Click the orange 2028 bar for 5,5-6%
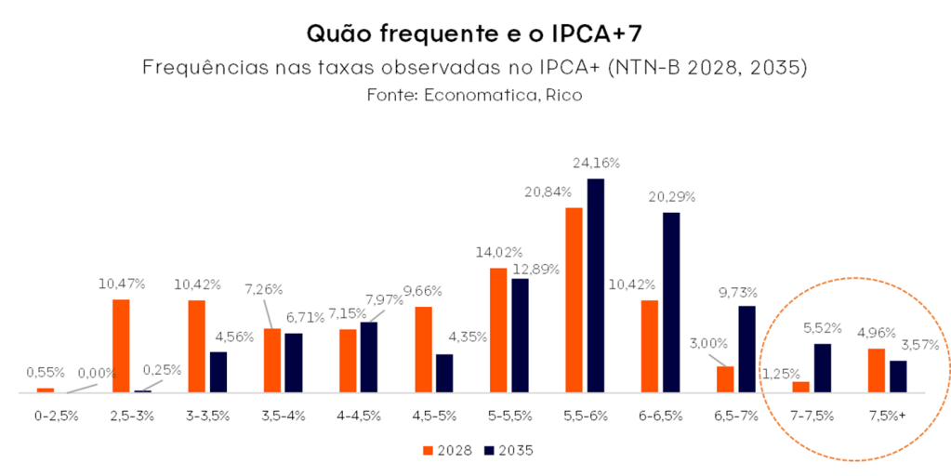[x=574, y=299]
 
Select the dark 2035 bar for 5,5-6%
[x=595, y=285]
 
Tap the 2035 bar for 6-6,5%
[x=671, y=302]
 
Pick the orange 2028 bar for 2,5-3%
[x=121, y=346]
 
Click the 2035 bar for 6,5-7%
[x=746, y=349]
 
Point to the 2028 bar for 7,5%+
[x=876, y=370]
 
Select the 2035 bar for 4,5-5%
[x=444, y=373]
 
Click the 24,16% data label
[x=596, y=163]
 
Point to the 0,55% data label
[x=45, y=372]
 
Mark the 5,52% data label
[x=821, y=328]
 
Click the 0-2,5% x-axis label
[x=56, y=416]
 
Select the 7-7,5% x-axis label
[x=811, y=416]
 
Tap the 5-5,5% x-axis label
[x=509, y=416]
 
